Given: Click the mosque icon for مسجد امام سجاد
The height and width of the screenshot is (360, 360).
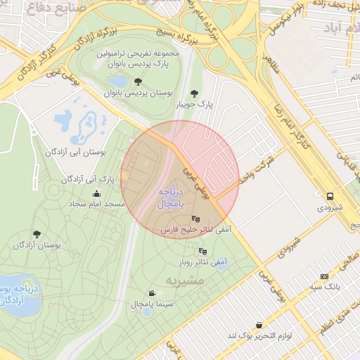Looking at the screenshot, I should pyautogui.click(x=97, y=194).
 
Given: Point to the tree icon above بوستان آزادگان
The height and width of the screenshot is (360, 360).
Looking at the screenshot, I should pyautogui.click(x=37, y=234).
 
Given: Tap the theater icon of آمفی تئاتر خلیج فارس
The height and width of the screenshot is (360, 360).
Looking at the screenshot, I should pyautogui.click(x=195, y=219).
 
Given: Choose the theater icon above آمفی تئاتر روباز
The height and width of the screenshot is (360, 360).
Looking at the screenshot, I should pyautogui.click(x=202, y=251).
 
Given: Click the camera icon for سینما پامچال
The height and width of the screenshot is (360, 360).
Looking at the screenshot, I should pyautogui.click(x=152, y=293).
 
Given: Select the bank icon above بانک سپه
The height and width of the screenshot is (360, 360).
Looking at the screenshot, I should pyautogui.click(x=323, y=277).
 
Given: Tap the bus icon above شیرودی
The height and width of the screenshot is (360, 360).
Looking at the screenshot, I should pyautogui.click(x=330, y=197).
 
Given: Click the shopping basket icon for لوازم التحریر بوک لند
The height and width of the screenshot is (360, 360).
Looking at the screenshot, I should pyautogui.click(x=261, y=326).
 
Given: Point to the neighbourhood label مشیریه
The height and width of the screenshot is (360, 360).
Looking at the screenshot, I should pyautogui.click(x=184, y=281).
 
